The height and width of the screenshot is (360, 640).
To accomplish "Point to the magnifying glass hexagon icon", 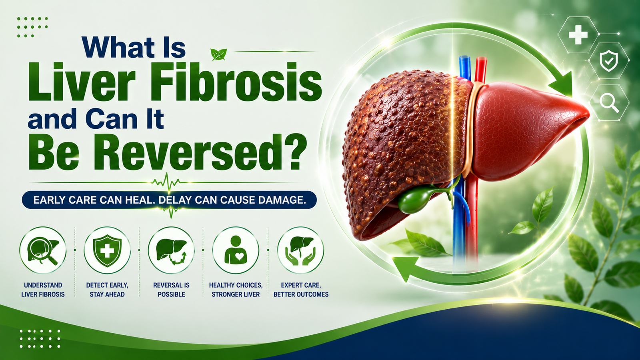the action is pos(609,103).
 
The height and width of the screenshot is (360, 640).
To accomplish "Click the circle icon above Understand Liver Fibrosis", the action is pos(43,250).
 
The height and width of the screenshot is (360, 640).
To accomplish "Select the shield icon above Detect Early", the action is pos(107,250).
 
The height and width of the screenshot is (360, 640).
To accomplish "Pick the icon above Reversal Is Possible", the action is pos(171,250).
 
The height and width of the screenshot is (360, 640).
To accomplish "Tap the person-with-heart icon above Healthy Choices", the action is pos(236,250).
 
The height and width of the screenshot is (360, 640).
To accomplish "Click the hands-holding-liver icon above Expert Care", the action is pos(300,250).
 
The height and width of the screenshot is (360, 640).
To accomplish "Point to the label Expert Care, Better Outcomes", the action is pos(301,290).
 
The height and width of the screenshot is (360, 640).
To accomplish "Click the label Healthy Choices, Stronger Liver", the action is pos(236,290).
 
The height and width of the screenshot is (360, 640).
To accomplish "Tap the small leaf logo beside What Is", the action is pos(218,54).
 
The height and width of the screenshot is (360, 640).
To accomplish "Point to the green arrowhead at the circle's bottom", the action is pos(405,268).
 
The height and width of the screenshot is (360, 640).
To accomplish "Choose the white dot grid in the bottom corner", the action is pos(40,338).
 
